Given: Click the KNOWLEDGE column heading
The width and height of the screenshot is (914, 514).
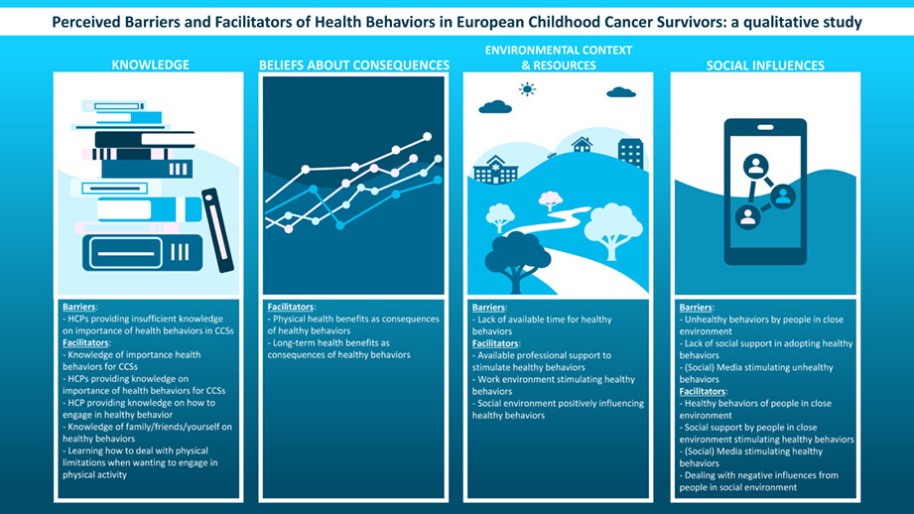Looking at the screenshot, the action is click(x=151, y=64).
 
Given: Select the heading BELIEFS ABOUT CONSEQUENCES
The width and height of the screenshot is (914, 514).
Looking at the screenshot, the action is click(x=354, y=64).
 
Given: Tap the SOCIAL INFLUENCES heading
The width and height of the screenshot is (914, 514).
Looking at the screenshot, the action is click(x=765, y=65).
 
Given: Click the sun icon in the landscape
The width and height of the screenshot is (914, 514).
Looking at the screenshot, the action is click(x=527, y=89).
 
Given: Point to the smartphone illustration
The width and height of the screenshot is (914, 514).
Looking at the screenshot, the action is click(x=765, y=192).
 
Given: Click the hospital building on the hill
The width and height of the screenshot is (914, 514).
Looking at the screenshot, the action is click(x=495, y=170).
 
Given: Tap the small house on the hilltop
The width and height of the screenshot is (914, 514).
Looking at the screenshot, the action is click(x=582, y=144).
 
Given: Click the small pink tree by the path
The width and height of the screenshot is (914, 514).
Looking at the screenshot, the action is click(x=550, y=200).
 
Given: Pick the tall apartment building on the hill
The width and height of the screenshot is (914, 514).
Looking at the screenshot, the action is click(x=631, y=153).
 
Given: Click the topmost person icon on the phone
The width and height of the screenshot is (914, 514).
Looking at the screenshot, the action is click(x=756, y=167).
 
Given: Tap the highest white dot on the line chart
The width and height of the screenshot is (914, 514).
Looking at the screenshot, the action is click(x=428, y=136).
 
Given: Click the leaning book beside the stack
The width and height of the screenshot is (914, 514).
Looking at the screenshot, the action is click(x=217, y=230).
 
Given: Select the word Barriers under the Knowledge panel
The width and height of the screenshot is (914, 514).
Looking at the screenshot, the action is click(x=78, y=307).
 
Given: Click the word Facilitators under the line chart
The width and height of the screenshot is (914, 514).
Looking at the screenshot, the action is click(x=291, y=307).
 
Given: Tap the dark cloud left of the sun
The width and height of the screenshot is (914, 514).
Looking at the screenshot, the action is click(x=495, y=106).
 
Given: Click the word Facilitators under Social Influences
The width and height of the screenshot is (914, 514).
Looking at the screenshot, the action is click(x=703, y=391).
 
